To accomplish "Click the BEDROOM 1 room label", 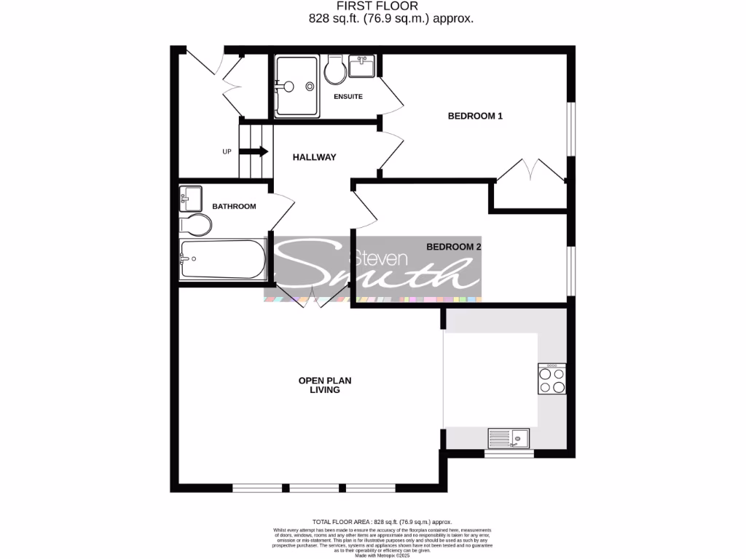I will click(475, 116).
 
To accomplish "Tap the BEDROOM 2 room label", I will click(454, 247).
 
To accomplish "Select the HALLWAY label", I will click(314, 157).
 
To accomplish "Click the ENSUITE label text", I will click(348, 97).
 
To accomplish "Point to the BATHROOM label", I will click(234, 207).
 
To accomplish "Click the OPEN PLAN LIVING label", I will click(318, 385).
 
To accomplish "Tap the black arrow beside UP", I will click(254, 151).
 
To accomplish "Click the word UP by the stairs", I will click(227, 152).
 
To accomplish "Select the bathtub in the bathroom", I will click(223, 259).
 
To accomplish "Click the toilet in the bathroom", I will click(196, 223).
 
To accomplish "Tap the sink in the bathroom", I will click(191, 197).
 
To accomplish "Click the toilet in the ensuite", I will click(336, 71).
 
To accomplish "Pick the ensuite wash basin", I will click(362, 66).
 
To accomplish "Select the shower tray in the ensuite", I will click(296, 86).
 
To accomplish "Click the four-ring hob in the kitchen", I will click(551, 378).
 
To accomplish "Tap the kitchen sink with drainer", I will click(509, 437).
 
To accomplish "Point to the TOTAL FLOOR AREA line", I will click(382, 522).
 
